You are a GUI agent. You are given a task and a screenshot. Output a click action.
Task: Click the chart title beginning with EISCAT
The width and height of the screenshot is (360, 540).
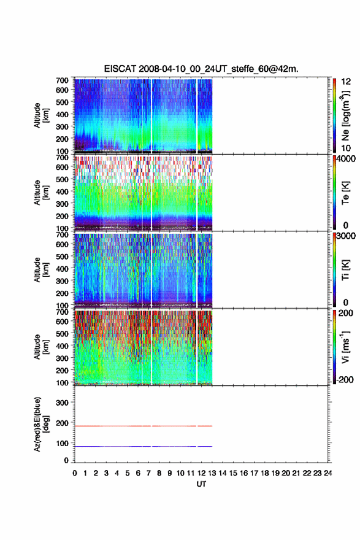click(x=201, y=69)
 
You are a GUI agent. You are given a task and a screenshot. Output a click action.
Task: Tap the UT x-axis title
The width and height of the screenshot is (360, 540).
click(x=201, y=484)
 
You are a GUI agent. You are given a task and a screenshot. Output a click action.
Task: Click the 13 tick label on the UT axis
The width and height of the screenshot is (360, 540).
click(x=212, y=473)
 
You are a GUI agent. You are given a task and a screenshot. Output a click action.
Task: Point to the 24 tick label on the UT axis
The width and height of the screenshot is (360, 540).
click(x=327, y=473)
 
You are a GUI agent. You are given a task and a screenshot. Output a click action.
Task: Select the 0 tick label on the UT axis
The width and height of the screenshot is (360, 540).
click(x=75, y=473)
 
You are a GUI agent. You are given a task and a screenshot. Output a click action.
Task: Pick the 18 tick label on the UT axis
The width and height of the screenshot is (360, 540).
click(x=265, y=473)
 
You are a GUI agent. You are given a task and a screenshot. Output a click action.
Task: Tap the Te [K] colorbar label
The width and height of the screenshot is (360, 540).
click(x=345, y=193)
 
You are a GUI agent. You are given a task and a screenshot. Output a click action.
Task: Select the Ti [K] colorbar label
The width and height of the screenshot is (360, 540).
click(x=345, y=269)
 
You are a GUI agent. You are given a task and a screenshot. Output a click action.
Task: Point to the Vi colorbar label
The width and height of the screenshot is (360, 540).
click(x=345, y=347)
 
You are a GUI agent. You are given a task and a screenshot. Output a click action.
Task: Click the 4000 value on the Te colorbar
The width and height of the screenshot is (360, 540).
click(x=346, y=159)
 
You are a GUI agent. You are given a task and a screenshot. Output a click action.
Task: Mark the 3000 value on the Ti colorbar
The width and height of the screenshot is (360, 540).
click(x=346, y=236)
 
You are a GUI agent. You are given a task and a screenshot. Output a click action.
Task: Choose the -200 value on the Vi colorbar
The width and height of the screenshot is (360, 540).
click(x=345, y=379)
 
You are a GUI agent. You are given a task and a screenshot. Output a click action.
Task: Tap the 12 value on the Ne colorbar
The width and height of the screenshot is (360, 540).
click(x=346, y=81)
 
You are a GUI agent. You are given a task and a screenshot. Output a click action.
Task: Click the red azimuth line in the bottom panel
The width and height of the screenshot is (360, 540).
click(x=143, y=426)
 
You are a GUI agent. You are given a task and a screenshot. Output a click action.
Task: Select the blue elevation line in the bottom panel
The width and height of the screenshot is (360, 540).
click(x=143, y=446)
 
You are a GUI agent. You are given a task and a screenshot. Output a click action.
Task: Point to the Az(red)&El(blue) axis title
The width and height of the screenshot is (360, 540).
click(x=40, y=424)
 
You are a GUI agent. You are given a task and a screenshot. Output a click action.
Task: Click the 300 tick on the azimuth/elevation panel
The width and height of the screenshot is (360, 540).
click(x=63, y=403)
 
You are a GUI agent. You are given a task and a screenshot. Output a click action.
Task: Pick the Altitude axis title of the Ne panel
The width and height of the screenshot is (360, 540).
click(x=40, y=115)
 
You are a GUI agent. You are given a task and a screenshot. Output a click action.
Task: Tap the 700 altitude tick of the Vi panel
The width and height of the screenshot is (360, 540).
click(x=63, y=312)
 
